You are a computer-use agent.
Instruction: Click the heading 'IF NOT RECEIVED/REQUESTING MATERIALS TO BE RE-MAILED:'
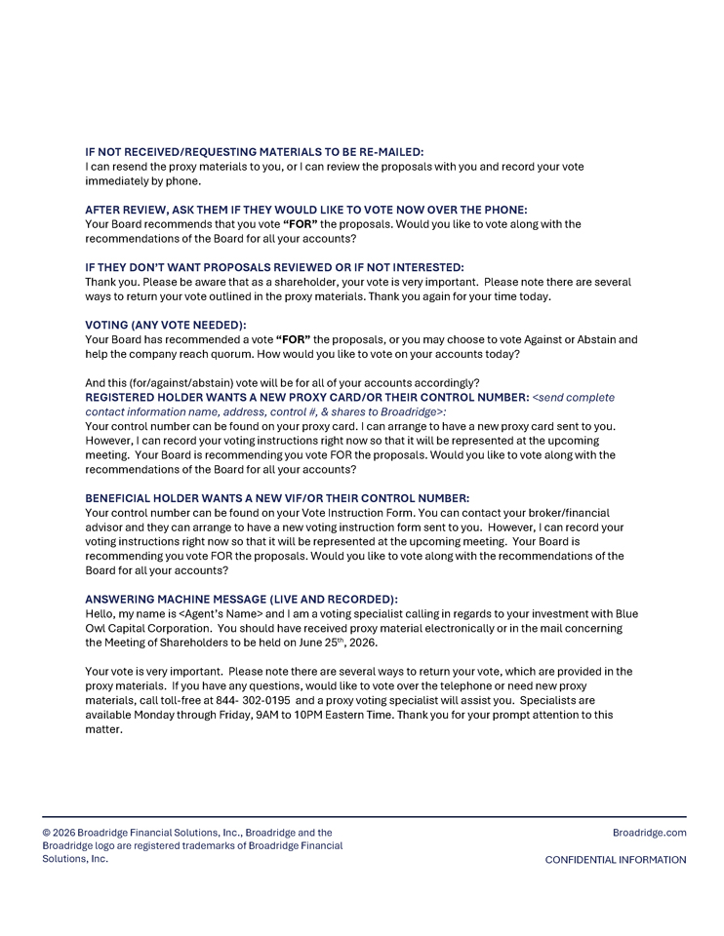[x=255, y=152]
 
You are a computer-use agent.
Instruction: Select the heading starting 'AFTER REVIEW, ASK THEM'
[x=306, y=210]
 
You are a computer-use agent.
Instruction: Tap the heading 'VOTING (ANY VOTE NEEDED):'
[x=166, y=325]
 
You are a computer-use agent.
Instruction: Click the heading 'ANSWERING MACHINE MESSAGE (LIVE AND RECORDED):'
[x=241, y=599]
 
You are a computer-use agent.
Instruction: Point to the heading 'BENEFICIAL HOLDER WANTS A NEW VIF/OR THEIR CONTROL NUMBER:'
[x=277, y=497]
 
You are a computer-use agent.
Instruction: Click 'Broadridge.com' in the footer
[x=649, y=833]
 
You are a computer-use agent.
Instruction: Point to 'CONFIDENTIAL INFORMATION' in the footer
[x=615, y=860]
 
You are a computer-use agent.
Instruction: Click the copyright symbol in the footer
[x=47, y=833]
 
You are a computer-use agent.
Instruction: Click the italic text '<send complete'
[x=574, y=398]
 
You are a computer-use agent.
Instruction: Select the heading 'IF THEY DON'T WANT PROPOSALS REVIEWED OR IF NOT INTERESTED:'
[x=274, y=267]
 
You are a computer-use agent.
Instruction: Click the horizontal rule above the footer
[x=364, y=816]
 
